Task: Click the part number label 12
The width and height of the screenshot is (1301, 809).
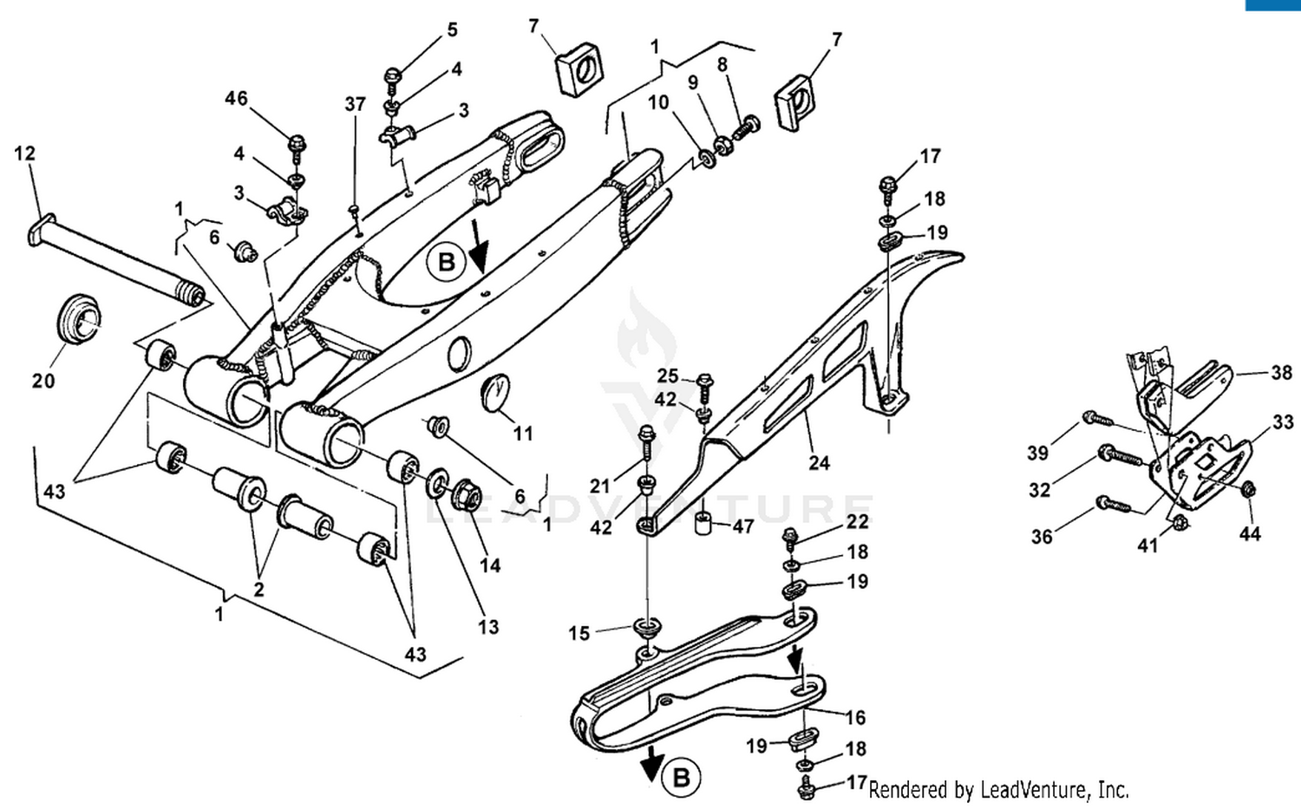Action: (x=24, y=153)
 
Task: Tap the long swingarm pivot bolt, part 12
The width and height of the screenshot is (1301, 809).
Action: (x=113, y=261)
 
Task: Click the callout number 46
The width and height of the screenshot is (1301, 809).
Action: (x=236, y=99)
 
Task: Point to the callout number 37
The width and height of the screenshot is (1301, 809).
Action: (x=355, y=104)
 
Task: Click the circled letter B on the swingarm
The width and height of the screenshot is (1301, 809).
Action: (x=446, y=262)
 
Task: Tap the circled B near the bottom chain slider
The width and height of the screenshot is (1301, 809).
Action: (x=681, y=777)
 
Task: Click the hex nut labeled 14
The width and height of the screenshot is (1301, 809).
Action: (x=467, y=495)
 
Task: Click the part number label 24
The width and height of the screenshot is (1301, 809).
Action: (x=819, y=463)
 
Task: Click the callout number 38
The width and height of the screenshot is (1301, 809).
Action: (x=1281, y=373)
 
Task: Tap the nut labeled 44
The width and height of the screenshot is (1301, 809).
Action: (x=1248, y=490)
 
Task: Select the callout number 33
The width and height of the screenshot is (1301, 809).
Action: (x=1283, y=422)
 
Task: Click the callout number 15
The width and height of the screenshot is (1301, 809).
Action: (x=579, y=633)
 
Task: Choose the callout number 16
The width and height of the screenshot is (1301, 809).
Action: (x=855, y=718)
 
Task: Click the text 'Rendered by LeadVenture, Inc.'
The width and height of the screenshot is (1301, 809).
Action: (x=998, y=790)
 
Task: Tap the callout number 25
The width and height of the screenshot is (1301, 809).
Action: (x=667, y=375)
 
